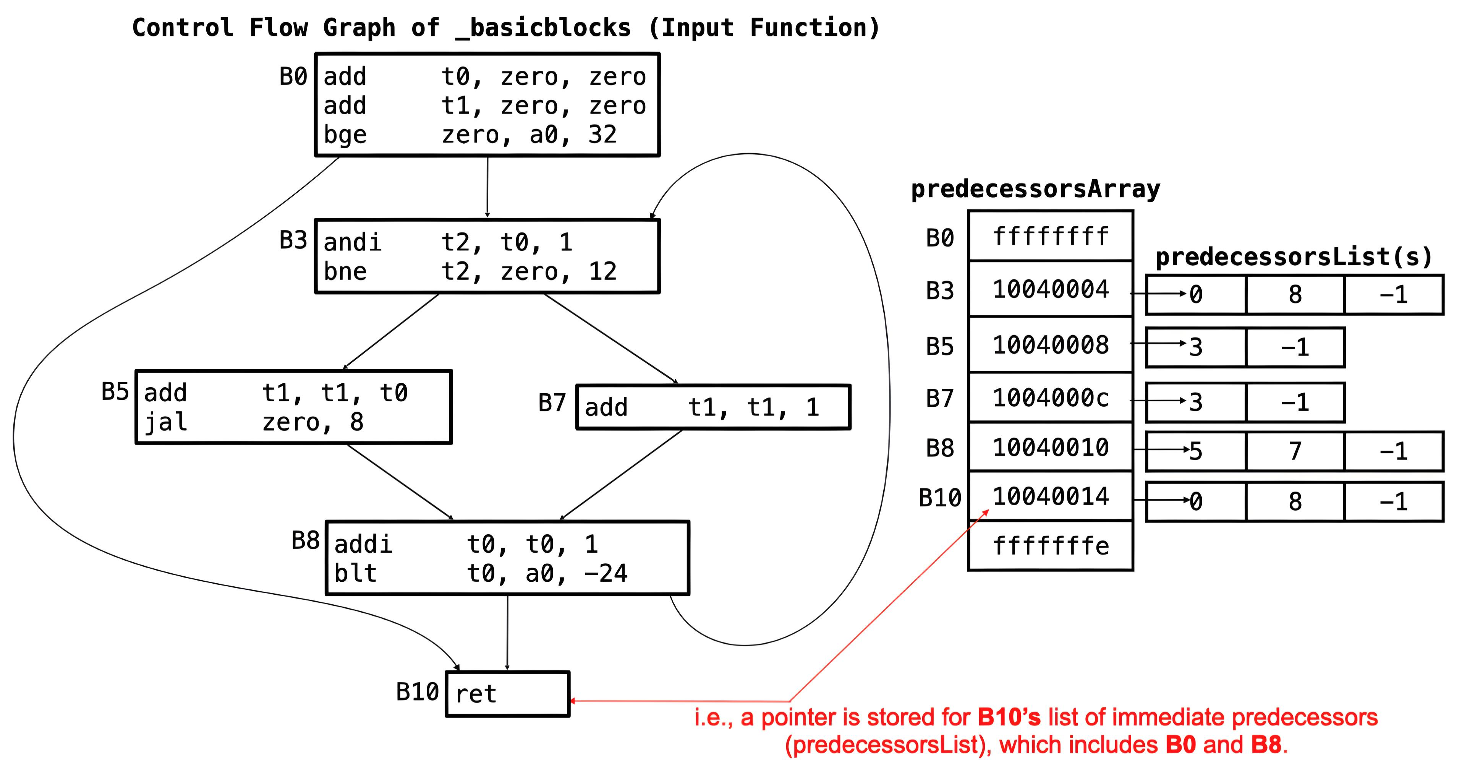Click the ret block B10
(507, 693)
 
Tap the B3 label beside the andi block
(293, 240)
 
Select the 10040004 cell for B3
(1050, 289)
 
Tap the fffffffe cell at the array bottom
(1050, 546)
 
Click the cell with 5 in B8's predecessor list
(1196, 451)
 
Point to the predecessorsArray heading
(1035, 189)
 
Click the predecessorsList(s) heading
(1293, 257)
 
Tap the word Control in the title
(182, 28)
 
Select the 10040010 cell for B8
(1050, 447)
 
